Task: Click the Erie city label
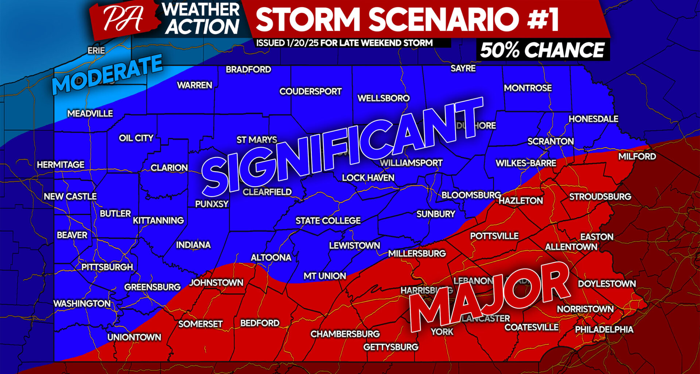pos(96,50)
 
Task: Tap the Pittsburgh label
pos(107,267)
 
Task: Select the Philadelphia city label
pos(604,329)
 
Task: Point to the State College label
pos(328,221)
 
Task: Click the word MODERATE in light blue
pos(108,74)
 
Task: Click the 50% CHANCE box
pos(542,50)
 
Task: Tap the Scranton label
pos(551,141)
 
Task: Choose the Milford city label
pos(637,156)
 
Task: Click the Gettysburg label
pos(390,347)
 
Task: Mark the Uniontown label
pos(134,337)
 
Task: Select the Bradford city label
pos(248,69)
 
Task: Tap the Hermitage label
pos(61,165)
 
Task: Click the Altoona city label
pos(271,257)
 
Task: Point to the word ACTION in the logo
pos(203,27)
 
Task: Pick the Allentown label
pos(571,247)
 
